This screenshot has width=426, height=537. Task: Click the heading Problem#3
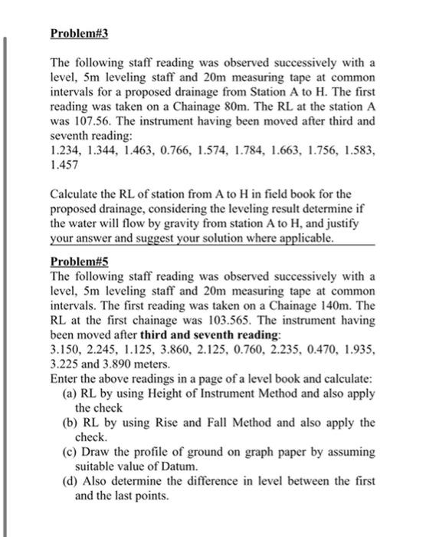tap(80, 35)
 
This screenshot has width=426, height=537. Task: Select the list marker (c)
tap(69, 452)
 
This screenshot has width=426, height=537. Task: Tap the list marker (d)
tap(69, 481)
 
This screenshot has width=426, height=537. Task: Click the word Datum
tap(179, 466)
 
